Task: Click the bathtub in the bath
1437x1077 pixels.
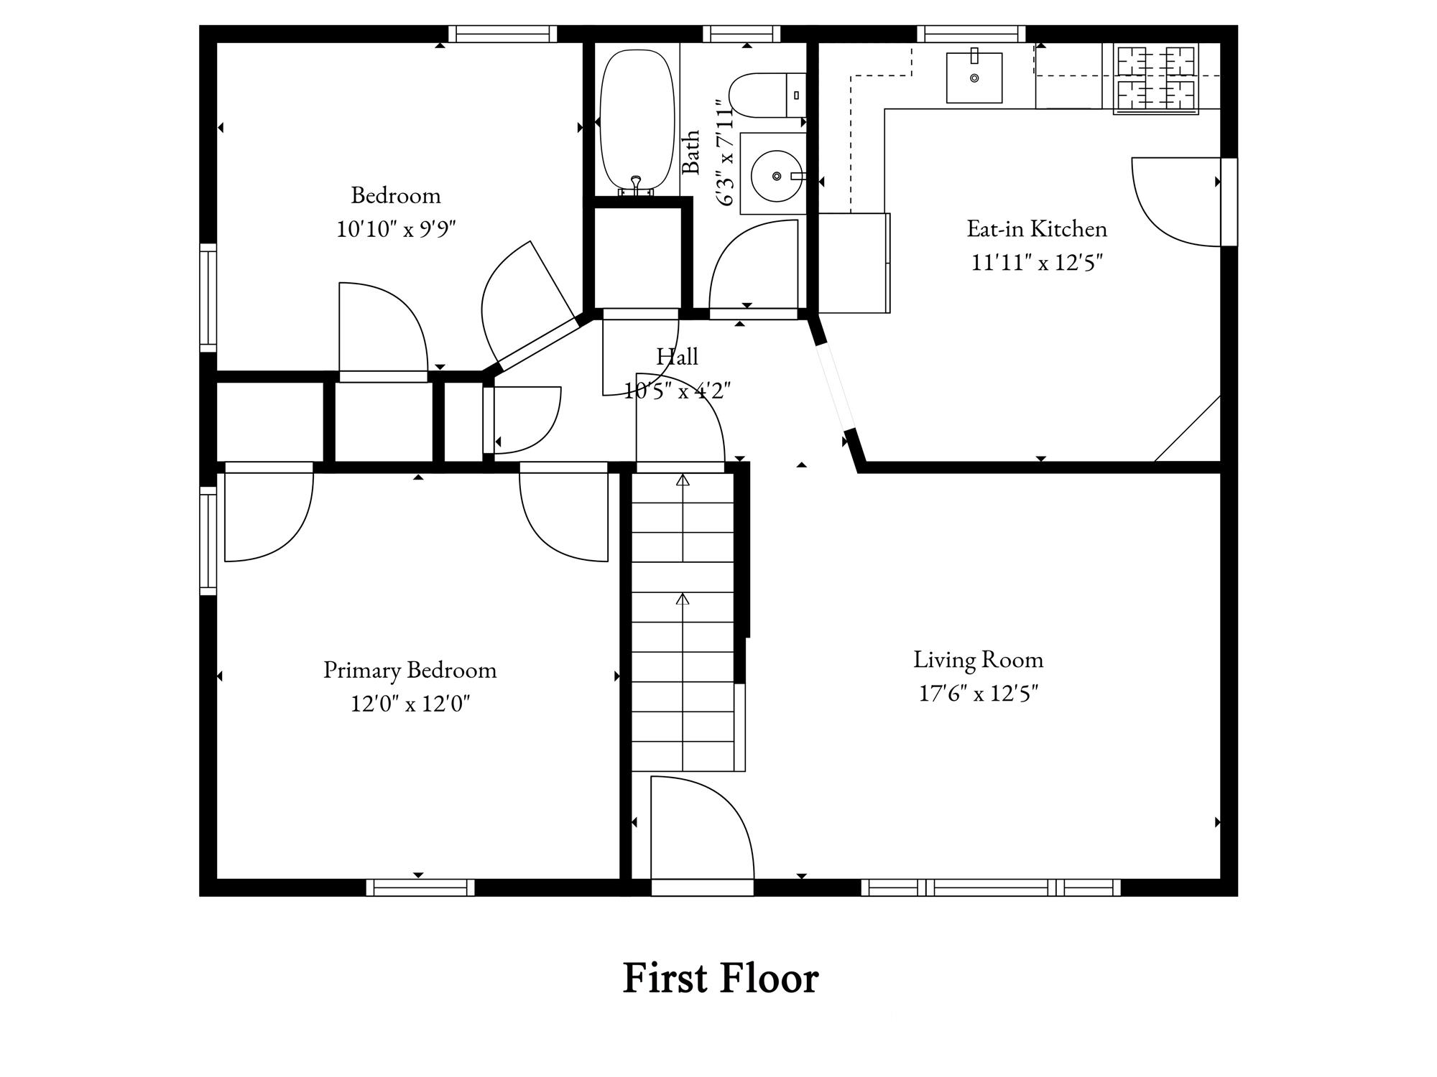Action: pyautogui.click(x=637, y=122)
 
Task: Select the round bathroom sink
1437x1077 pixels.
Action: pyautogui.click(x=777, y=175)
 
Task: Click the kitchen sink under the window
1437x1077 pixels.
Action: pyautogui.click(x=974, y=77)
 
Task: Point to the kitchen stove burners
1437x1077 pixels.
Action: pyautogui.click(x=1155, y=79)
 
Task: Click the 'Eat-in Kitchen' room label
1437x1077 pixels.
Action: pyautogui.click(x=1037, y=229)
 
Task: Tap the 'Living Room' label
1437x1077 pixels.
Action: pyautogui.click(x=978, y=660)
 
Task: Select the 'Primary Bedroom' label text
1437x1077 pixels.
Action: pyautogui.click(x=410, y=670)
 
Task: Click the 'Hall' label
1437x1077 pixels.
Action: pyautogui.click(x=677, y=357)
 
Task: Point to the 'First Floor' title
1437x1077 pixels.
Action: pyautogui.click(x=720, y=978)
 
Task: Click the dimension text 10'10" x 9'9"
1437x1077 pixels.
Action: pyautogui.click(x=397, y=229)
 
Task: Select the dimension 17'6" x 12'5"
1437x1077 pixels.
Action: pyautogui.click(x=979, y=694)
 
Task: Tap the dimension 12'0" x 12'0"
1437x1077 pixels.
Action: pyautogui.click(x=410, y=704)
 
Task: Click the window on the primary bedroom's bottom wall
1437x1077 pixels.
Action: pyautogui.click(x=420, y=887)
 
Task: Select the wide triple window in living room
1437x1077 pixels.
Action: pyautogui.click(x=991, y=887)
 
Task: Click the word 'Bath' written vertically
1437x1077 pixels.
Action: pyautogui.click(x=690, y=152)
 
